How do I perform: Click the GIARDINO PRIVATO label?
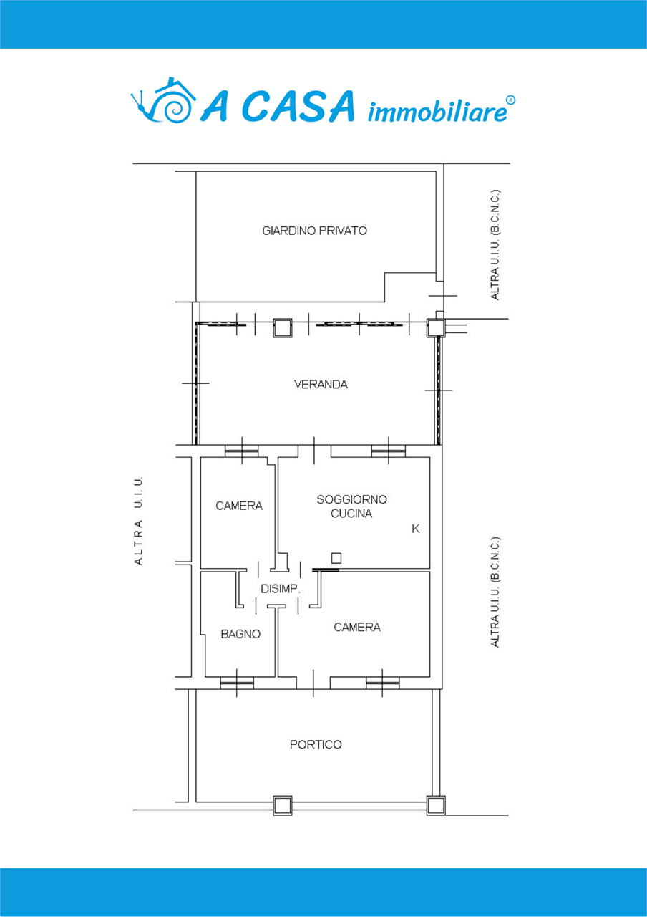(x=314, y=231)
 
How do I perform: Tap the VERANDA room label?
(x=321, y=385)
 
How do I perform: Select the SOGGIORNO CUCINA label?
(x=351, y=506)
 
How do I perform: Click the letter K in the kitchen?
(x=416, y=529)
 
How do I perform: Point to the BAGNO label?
(x=240, y=634)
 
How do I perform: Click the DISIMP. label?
(x=281, y=589)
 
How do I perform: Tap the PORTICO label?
(x=316, y=744)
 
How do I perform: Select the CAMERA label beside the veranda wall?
(x=239, y=506)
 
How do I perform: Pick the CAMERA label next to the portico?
(x=357, y=627)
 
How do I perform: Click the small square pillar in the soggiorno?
(x=336, y=558)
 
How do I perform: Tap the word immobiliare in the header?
(x=437, y=112)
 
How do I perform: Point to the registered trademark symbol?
(x=511, y=100)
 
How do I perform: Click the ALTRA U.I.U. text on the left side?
(x=139, y=520)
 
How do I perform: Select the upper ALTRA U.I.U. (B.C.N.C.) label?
(x=495, y=244)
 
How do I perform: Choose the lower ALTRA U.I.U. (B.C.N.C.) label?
(x=495, y=592)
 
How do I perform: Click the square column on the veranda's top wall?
(x=283, y=328)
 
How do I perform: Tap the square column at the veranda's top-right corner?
(x=436, y=327)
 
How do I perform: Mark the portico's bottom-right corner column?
(x=436, y=806)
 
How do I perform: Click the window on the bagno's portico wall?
(x=237, y=683)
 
